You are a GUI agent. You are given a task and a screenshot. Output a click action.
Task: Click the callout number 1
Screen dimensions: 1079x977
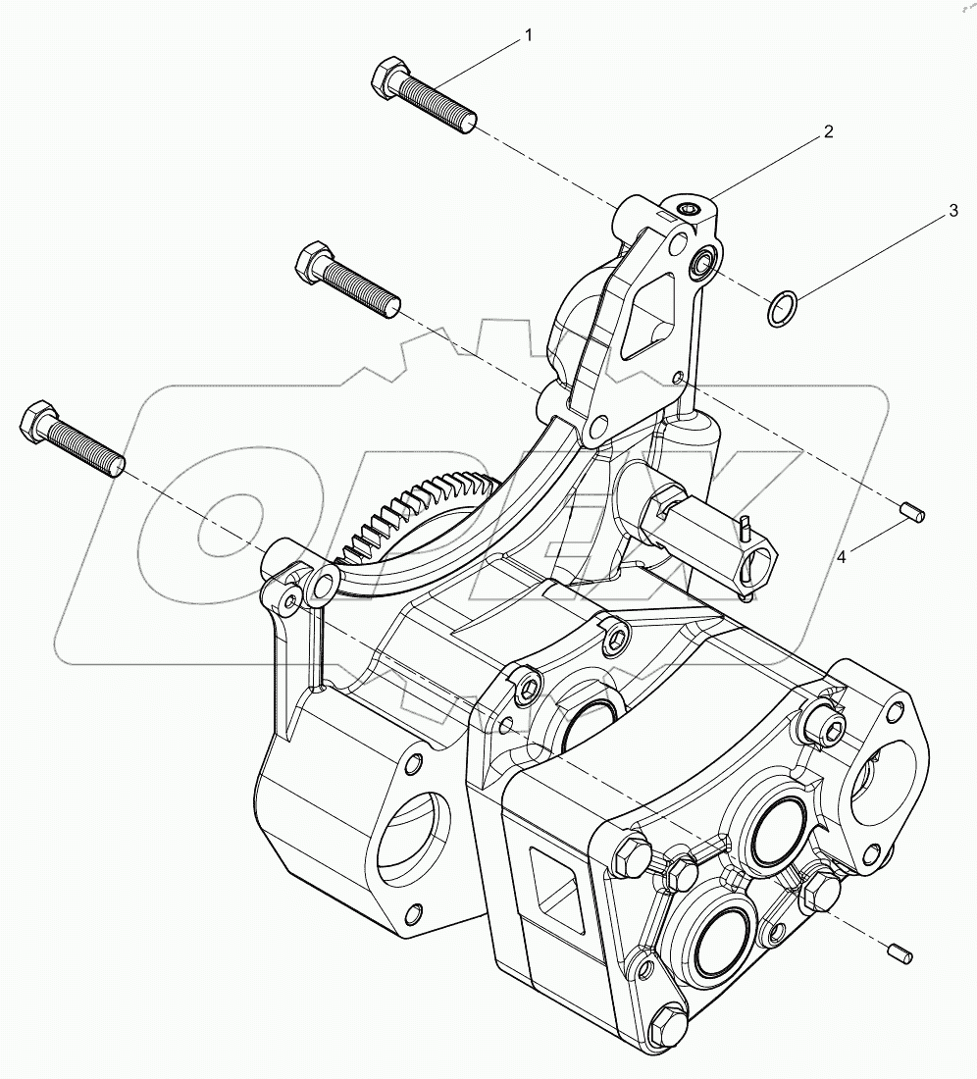pyautogui.click(x=529, y=36)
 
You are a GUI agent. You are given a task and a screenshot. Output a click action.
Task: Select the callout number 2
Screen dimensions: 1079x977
pyautogui.click(x=828, y=131)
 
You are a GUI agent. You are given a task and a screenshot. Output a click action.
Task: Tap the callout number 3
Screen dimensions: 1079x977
pyautogui.click(x=950, y=212)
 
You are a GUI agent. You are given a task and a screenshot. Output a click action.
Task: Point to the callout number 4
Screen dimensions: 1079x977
pyautogui.click(x=841, y=557)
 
